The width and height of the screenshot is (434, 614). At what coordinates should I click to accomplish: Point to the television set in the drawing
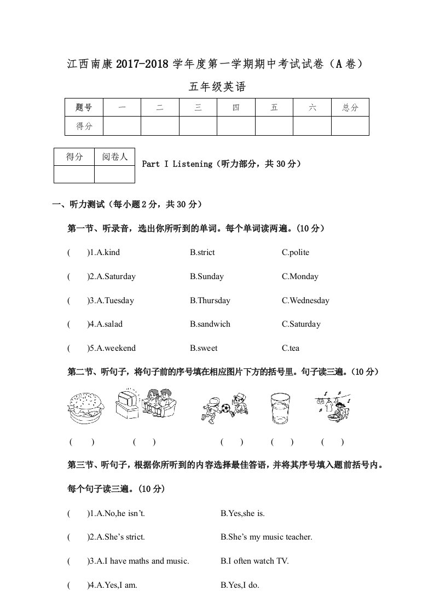coord(129,403)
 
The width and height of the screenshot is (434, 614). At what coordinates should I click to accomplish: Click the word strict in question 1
coord(205,252)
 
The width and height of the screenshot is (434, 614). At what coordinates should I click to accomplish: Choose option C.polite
coord(296,252)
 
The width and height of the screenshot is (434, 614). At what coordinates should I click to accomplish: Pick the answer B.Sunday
coord(207,276)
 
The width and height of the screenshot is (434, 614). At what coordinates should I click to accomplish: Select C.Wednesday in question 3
coord(305,300)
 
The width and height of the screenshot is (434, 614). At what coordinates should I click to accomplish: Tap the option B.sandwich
coord(210,324)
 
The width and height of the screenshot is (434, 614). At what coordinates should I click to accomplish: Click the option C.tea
coord(291,348)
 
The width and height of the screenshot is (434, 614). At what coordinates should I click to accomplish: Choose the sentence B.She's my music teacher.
coord(267,537)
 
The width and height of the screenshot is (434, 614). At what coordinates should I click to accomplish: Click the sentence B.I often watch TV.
coord(254,561)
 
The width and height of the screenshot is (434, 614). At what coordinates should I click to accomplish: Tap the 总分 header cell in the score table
coord(350,108)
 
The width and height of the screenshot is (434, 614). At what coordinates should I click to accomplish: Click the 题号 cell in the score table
coord(84,108)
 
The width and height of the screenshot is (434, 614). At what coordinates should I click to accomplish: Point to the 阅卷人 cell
coord(114,157)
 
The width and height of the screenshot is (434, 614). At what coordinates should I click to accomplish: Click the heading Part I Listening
coord(176,164)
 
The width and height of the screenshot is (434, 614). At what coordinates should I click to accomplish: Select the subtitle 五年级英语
coord(217,86)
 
